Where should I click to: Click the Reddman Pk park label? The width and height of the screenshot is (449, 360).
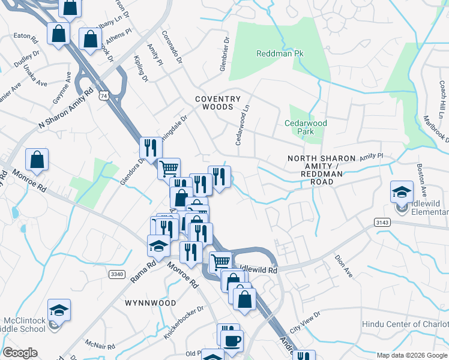coord(280,53)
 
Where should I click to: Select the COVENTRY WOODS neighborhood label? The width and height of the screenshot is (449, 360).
coord(217,103)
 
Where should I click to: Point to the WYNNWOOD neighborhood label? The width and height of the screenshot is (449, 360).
coord(151,303)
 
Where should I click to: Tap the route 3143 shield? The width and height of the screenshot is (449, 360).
coord(382,222)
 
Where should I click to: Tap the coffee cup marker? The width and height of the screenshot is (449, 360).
coord(231,340)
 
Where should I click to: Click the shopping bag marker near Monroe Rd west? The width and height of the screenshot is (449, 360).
coord(37,160)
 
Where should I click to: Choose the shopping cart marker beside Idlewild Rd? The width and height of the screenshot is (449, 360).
coord(220,262)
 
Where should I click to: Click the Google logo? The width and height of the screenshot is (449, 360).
coord(20,353)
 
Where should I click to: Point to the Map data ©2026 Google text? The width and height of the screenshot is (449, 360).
coord(411,355)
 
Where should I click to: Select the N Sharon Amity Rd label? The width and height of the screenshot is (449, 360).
coord(66,109)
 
